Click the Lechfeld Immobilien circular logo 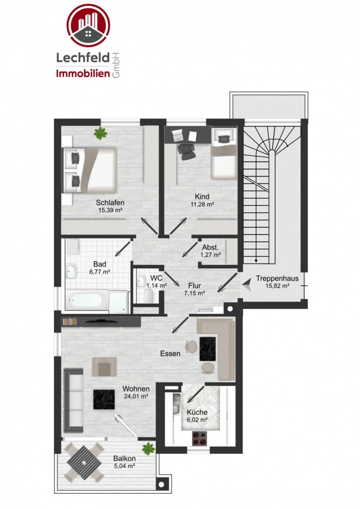coord(88,25)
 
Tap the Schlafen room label coord(110,203)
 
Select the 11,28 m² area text coord(202,204)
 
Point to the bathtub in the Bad coord(86,301)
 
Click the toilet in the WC coord(149,297)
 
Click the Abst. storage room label coord(210,247)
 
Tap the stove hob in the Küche coord(200,439)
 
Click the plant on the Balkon coord(148,448)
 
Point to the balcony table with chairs coord(84,463)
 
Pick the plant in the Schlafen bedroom coord(101,133)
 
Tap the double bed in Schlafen coord(90,169)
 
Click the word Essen coord(170,354)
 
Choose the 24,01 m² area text coord(135,396)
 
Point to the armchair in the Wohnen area coord(104,367)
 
